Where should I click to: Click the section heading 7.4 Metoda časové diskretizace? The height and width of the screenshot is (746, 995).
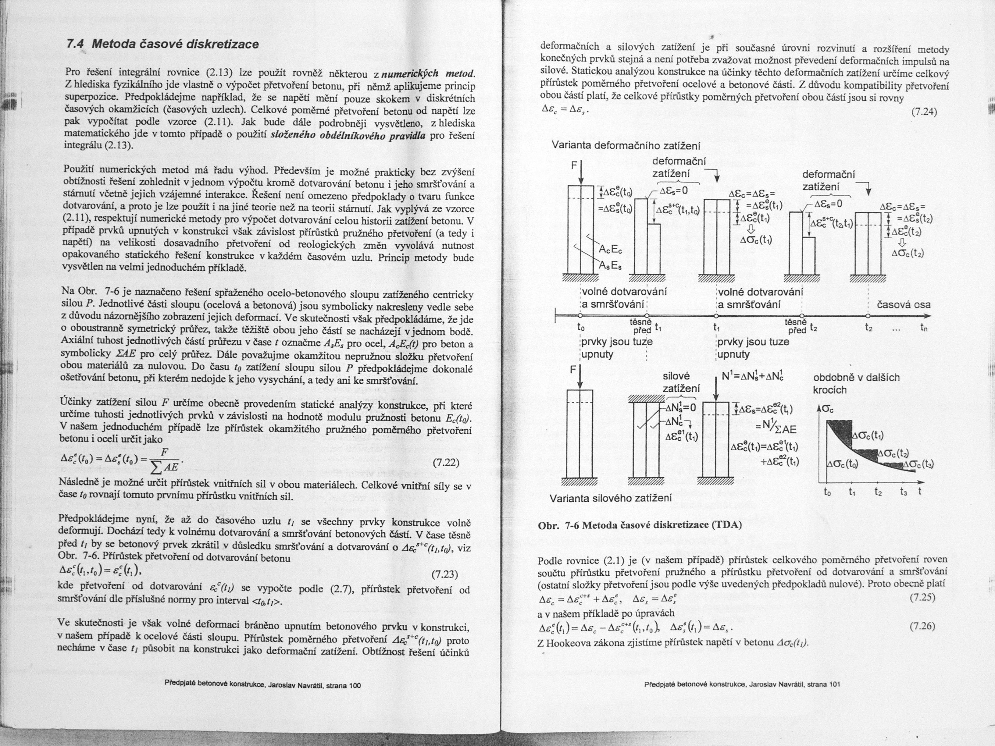point(162,44)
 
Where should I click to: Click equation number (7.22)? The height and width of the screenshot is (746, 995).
point(445,463)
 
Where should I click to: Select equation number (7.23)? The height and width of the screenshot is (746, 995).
point(444,575)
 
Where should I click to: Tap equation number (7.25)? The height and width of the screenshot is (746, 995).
point(922,598)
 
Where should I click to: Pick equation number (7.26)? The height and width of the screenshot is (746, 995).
point(922,626)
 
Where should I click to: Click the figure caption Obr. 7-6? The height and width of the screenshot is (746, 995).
point(640,525)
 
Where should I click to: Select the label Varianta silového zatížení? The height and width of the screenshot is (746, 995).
point(610,498)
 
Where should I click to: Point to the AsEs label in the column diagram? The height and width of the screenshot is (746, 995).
point(610,266)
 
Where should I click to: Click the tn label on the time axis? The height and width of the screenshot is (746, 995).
point(924,328)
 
